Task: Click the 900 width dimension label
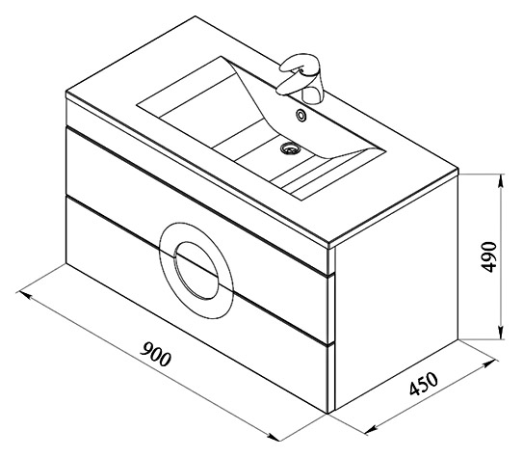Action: [155, 354]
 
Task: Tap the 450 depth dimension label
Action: [423, 384]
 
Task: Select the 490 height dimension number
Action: [489, 256]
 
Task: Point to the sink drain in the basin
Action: [291, 148]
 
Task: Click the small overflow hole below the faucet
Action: [301, 115]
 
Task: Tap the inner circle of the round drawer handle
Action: [196, 270]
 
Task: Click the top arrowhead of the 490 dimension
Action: [500, 182]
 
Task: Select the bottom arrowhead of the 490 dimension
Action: [500, 332]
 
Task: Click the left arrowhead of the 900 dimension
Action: [25, 295]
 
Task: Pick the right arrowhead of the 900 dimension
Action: [272, 436]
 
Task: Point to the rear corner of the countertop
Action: [196, 16]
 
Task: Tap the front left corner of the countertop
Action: [66, 93]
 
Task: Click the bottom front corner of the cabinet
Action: [328, 414]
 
